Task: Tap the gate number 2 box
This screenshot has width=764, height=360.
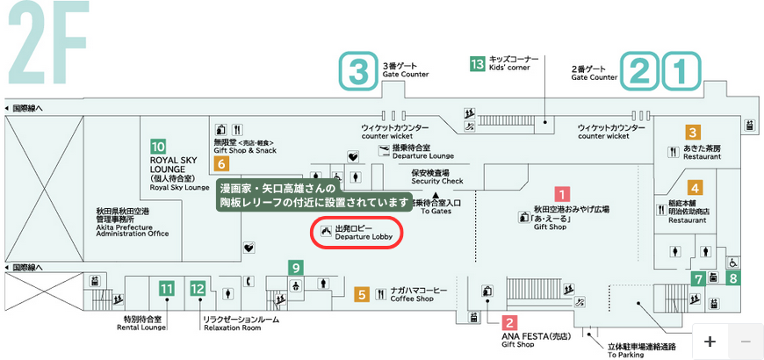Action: click(x=640, y=71)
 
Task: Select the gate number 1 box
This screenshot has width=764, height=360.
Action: click(x=681, y=71)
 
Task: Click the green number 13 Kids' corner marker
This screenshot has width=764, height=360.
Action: click(x=478, y=63)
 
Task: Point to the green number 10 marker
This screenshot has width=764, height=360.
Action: click(x=158, y=147)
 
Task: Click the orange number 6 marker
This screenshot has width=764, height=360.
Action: click(x=221, y=163)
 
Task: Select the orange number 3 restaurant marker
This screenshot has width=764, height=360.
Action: click(x=693, y=133)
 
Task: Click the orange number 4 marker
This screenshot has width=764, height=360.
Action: click(x=694, y=187)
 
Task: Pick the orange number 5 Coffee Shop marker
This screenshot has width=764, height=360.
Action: click(x=361, y=295)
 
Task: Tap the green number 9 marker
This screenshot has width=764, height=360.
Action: click(x=297, y=267)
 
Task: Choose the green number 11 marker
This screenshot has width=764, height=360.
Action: click(x=167, y=287)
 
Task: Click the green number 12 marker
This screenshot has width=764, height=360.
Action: click(x=198, y=287)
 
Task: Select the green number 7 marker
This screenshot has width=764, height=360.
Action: click(x=698, y=279)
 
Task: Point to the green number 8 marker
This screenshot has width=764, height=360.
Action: click(x=733, y=278)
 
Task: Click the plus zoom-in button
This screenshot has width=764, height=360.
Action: click(x=710, y=341)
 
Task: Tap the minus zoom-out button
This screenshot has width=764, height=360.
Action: click(x=745, y=341)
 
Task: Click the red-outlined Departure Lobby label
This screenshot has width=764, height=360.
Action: click(x=357, y=232)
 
